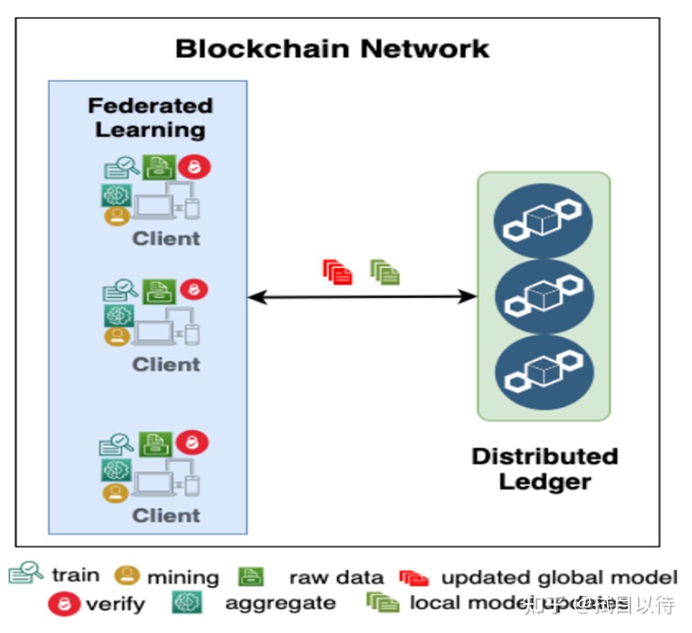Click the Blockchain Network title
pos(332,49)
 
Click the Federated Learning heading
pos(150,118)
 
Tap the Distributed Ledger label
pos(544,469)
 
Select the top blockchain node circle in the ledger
pos(543,221)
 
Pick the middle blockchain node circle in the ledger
pos(544,296)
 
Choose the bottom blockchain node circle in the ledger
pos(544,372)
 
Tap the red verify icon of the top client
pos(194,167)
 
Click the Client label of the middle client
pos(166,365)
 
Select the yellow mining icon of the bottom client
pos(115,493)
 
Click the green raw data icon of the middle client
pos(158,291)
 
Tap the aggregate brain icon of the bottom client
pos(116,470)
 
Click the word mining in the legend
pos(183,577)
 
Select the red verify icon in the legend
pos(64,604)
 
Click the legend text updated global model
pos(559,577)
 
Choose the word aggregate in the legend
pos(280,603)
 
